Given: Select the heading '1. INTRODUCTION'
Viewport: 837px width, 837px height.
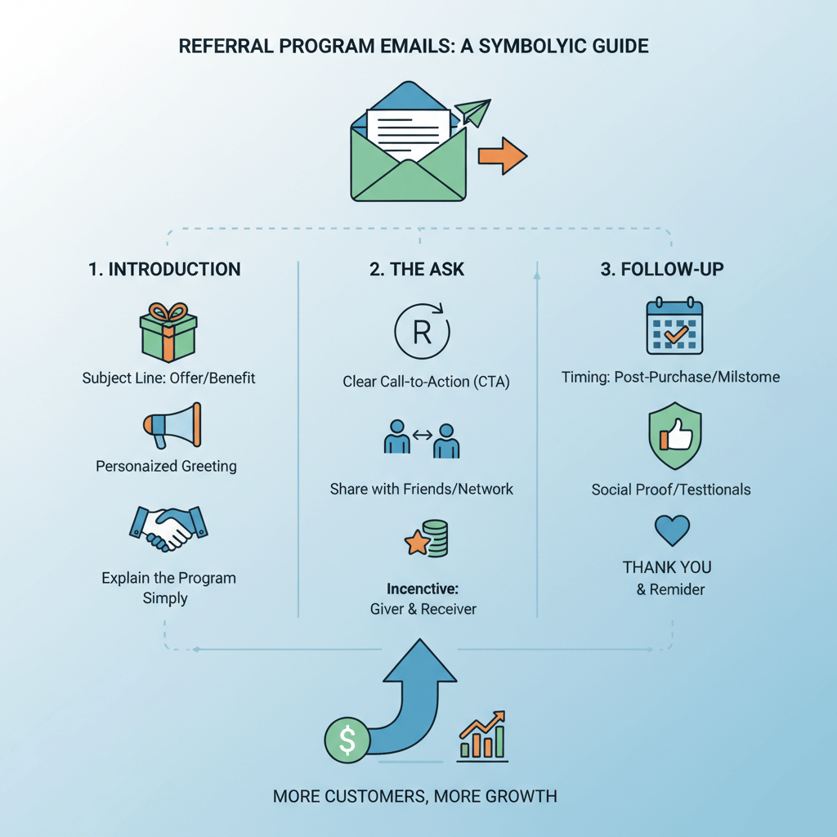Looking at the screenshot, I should click(x=165, y=269).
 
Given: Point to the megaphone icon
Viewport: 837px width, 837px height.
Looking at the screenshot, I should click(x=172, y=425).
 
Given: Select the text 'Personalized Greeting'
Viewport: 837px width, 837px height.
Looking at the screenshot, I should click(x=166, y=467).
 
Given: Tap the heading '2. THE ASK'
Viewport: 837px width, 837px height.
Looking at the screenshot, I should click(x=417, y=269).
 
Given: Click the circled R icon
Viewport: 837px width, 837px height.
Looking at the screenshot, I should click(x=423, y=331).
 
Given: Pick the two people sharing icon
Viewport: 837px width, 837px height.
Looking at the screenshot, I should click(x=422, y=439).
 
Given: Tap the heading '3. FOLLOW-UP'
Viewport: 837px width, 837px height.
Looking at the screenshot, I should click(x=662, y=269).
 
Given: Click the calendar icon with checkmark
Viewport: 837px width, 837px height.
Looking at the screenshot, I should click(x=675, y=327).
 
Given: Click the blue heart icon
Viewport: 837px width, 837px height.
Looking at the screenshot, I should click(x=674, y=530).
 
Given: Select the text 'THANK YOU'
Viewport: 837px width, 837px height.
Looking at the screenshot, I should click(x=667, y=567).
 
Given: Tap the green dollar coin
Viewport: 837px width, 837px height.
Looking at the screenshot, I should click(x=347, y=741).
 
